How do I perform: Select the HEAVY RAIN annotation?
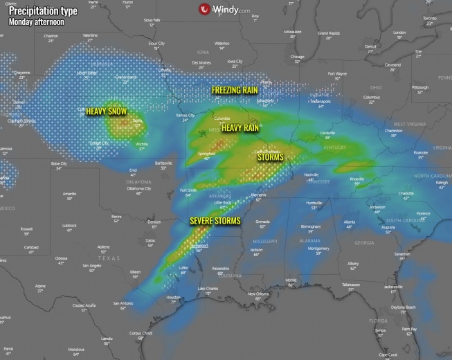[x=241, y=127]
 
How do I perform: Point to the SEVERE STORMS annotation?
[x=215, y=221]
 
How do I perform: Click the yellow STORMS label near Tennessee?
[x=270, y=158]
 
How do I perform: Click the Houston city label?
[x=174, y=297]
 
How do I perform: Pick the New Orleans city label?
[x=258, y=294]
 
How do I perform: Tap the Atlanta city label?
[x=350, y=222]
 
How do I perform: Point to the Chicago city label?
[x=298, y=57]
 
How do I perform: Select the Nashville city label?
[x=311, y=174]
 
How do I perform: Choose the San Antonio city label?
[x=122, y=303]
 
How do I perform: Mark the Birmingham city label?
[x=311, y=226]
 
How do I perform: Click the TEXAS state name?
[x=108, y=258]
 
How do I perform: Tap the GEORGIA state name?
[x=363, y=243]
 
